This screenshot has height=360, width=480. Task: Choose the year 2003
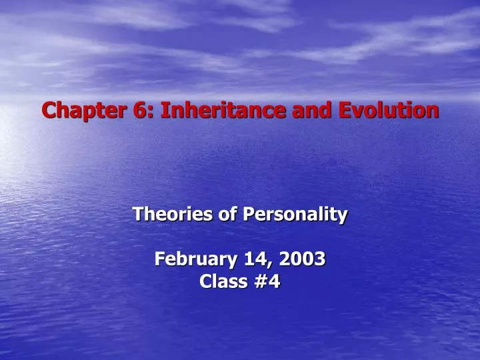299,259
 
